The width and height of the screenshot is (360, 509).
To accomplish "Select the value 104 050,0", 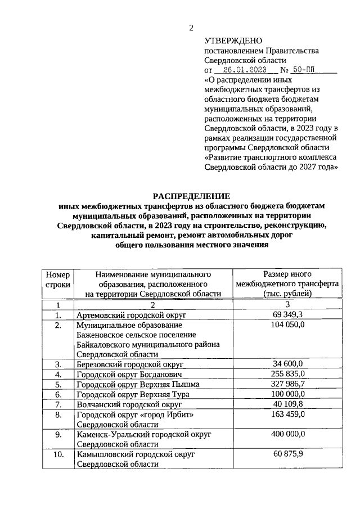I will tap(287, 325).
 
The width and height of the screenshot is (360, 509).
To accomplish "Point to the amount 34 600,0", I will tap(287, 364).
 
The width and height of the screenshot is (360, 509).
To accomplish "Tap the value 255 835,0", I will tap(287, 375).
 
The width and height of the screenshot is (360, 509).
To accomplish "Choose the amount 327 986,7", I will tap(287, 384).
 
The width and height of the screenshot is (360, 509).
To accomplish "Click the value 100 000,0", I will tap(287, 394).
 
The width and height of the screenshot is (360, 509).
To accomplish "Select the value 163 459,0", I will tap(287, 415).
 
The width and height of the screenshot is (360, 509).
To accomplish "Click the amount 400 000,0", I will tap(287, 435).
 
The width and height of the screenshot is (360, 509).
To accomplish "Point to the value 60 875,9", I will tap(287, 454).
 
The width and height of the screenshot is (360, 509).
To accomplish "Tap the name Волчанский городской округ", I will tap(129, 404).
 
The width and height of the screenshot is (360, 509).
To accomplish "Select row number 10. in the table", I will tap(57, 454).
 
